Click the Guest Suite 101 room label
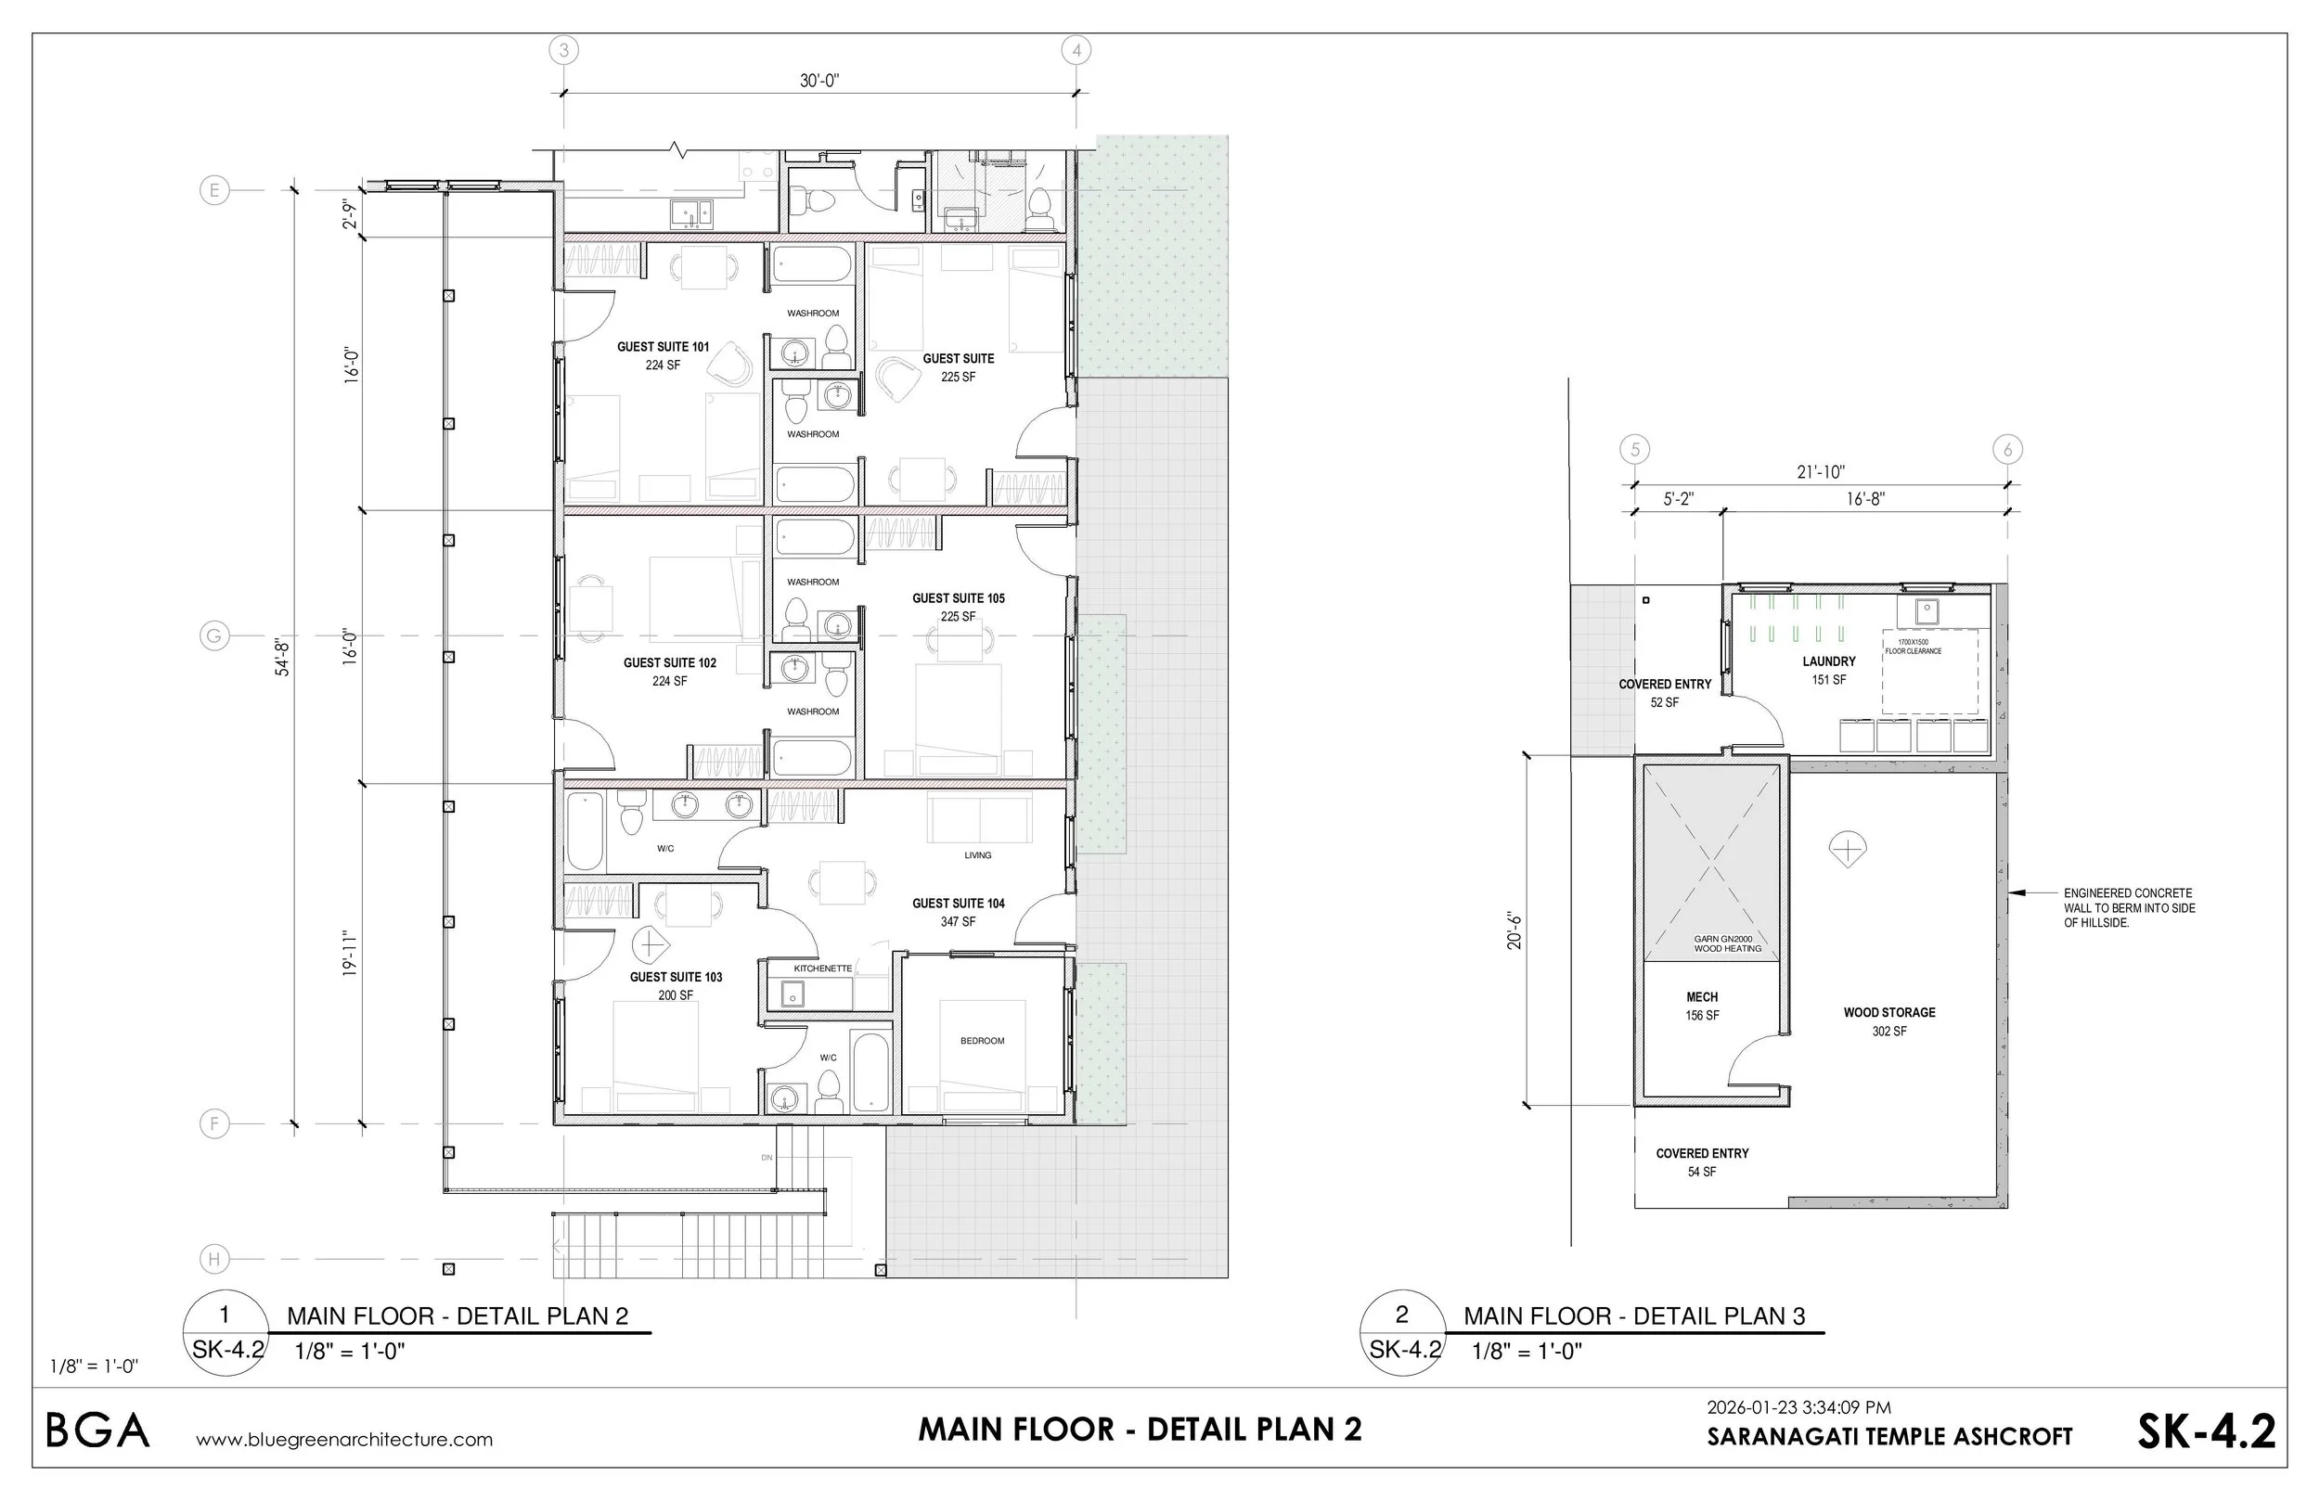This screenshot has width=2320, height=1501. (663, 347)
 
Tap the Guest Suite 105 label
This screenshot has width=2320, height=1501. (959, 598)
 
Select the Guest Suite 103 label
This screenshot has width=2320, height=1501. (676, 977)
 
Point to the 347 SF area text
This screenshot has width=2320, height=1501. (959, 921)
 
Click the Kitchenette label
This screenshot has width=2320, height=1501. (823, 968)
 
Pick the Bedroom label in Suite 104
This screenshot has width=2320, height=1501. (982, 1041)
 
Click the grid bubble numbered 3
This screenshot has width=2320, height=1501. (563, 50)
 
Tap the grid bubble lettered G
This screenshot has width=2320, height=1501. (213, 636)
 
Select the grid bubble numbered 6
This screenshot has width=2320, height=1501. (2007, 449)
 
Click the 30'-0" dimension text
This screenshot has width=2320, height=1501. (818, 81)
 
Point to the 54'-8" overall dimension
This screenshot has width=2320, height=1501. (283, 657)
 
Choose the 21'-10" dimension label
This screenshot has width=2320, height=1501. (1820, 472)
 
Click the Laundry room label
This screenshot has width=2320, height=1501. (1829, 661)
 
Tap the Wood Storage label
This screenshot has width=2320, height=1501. (1889, 1013)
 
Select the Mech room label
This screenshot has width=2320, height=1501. (1702, 997)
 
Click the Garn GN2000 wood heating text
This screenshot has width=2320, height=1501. (1728, 943)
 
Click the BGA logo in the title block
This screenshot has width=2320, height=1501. (97, 1430)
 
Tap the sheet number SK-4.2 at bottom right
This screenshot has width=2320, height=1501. (2206, 1430)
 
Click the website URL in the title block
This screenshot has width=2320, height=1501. (344, 1440)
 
